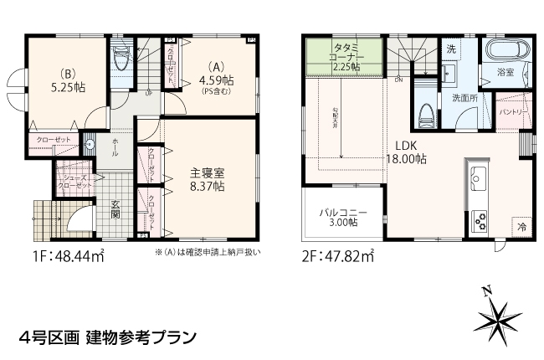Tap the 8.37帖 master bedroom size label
206,187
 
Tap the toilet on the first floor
121,59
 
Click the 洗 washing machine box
450,49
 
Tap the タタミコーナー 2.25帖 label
346,56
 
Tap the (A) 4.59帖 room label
216,80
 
